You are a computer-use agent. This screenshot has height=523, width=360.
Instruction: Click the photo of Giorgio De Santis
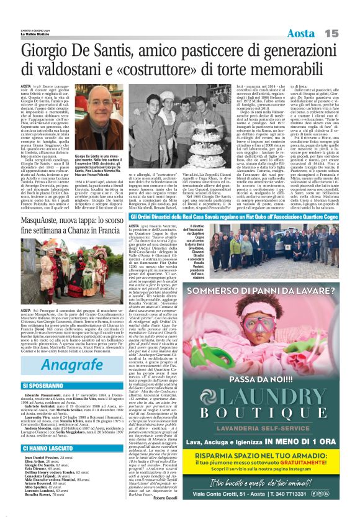coord(100,118)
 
